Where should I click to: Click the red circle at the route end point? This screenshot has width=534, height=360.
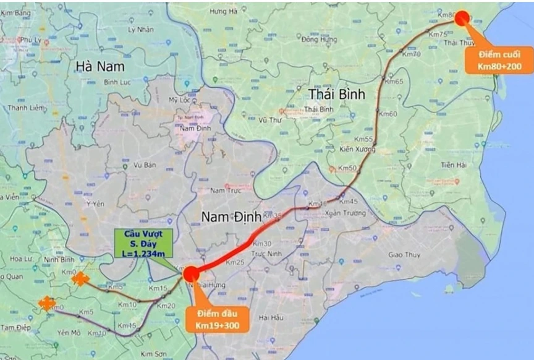462,17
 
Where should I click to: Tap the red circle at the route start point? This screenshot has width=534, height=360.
190,273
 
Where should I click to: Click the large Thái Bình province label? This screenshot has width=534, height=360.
337,94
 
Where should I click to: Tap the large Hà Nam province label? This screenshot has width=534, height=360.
100,66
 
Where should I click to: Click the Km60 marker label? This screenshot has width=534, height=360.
388,114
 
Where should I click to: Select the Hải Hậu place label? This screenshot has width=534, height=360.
271,317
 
